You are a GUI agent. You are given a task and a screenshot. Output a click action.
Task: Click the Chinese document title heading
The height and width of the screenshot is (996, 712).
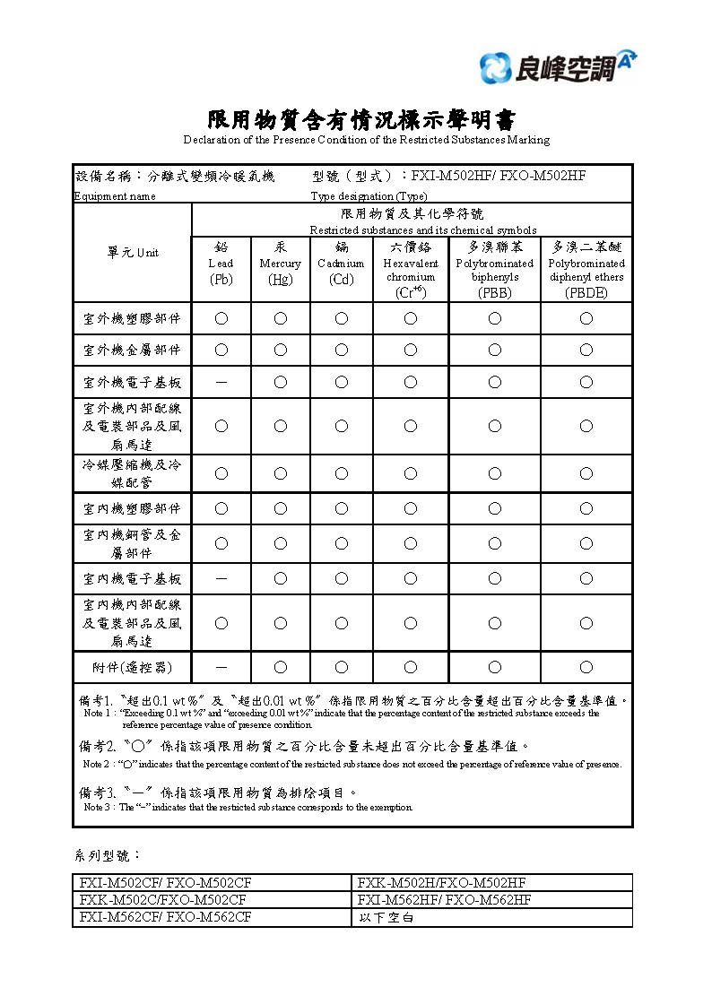tap(362, 120)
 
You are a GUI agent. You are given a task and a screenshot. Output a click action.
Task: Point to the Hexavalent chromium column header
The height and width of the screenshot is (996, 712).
tap(411, 268)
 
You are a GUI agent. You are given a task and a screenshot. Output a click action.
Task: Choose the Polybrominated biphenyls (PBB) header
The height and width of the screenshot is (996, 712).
tap(494, 268)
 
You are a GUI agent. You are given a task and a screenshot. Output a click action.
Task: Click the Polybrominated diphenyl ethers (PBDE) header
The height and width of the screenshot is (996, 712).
tap(586, 268)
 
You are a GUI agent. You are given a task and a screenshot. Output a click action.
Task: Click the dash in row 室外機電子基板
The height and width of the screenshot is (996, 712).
tap(221, 383)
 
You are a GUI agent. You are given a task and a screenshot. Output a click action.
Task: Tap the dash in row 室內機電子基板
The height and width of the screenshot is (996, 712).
tap(221, 579)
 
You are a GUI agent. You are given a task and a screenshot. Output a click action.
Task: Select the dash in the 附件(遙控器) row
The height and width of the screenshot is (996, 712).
tap(221, 667)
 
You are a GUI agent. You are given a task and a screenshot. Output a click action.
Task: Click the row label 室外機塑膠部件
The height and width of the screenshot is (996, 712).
tap(132, 318)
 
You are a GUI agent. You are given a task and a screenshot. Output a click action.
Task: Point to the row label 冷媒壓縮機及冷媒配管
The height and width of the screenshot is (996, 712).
tap(132, 473)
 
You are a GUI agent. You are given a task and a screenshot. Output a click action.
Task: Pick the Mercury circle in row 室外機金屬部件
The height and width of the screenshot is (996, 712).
tap(281, 350)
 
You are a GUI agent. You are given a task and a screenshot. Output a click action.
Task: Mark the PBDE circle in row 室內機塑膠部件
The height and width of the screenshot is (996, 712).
tap(586, 508)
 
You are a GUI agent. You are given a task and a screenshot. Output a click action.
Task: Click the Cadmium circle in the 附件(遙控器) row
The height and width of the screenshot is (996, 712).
tap(342, 667)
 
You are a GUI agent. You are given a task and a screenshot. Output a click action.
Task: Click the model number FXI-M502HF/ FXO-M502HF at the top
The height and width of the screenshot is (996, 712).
tap(499, 176)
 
